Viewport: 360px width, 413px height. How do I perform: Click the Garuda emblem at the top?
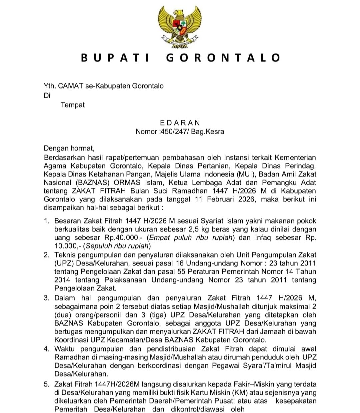point(180,27)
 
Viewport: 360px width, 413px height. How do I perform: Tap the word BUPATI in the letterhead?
point(115,58)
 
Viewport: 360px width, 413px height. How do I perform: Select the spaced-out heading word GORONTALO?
point(223,58)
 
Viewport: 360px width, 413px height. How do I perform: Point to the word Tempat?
point(73,105)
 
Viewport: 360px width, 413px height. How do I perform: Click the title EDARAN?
point(180,123)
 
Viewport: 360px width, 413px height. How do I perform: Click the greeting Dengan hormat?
point(69,148)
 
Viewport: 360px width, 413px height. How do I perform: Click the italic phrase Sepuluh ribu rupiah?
point(117,246)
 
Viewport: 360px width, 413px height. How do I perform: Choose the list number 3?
point(47,298)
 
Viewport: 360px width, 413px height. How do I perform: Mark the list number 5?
point(47,384)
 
